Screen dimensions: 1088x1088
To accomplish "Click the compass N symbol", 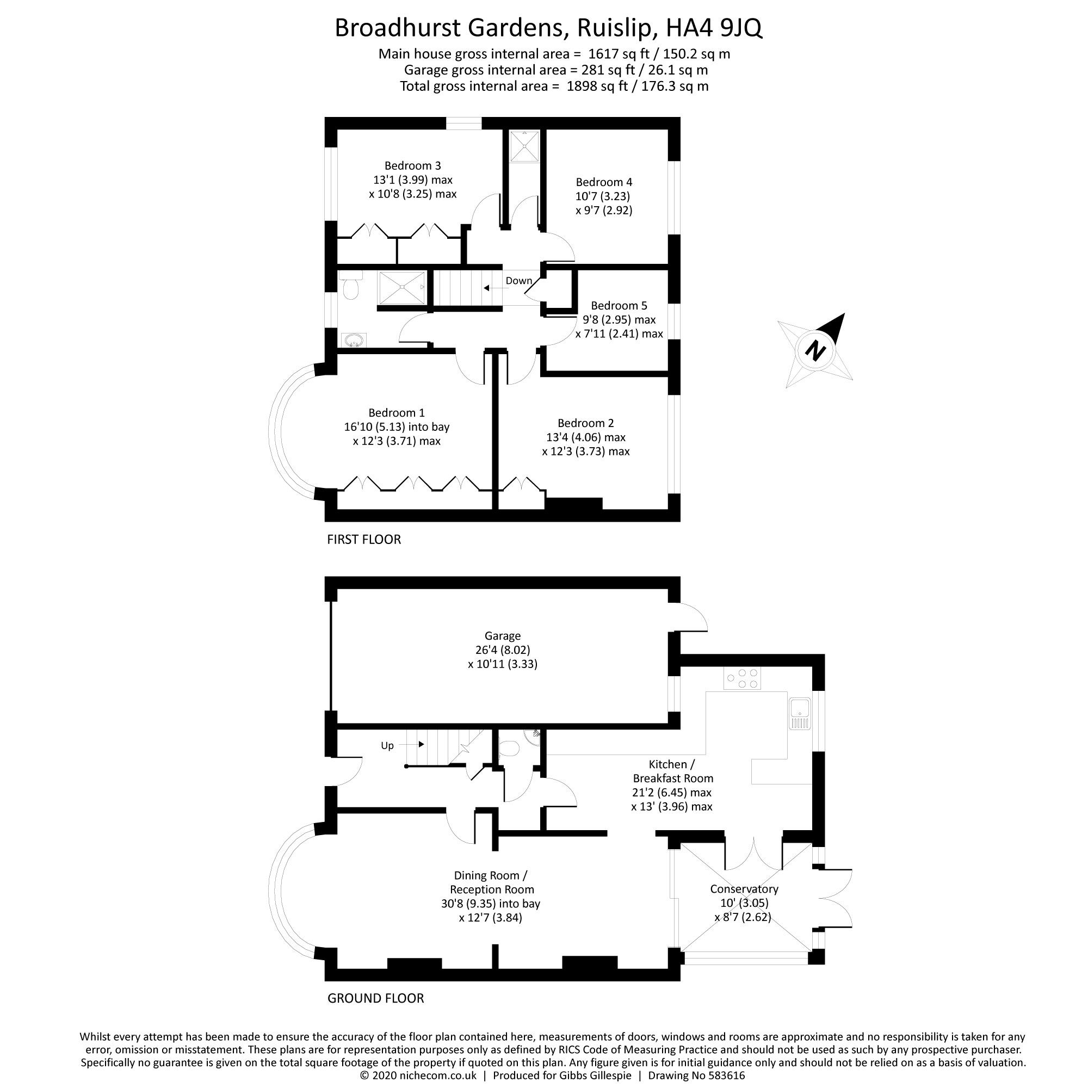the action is click(x=815, y=351).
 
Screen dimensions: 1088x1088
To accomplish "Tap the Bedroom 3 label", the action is click(x=412, y=165).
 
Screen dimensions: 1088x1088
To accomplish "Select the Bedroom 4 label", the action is click(x=604, y=182).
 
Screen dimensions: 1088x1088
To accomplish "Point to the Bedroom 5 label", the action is click(x=619, y=305).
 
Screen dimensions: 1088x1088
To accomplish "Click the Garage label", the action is click(x=502, y=636).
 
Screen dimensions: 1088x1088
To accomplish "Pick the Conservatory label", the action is click(x=744, y=889).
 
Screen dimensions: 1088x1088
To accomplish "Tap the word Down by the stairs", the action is click(x=518, y=281).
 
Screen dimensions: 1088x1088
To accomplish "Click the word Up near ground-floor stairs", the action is click(x=387, y=746).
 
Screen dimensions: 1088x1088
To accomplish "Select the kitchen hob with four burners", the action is click(x=742, y=678).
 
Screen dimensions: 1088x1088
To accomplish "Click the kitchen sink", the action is click(x=799, y=714).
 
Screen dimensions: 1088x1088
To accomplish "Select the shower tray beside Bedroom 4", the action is click(x=524, y=146).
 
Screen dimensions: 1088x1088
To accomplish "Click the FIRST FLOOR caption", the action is click(x=364, y=540).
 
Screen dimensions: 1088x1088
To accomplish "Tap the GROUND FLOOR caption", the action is click(x=375, y=998).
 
